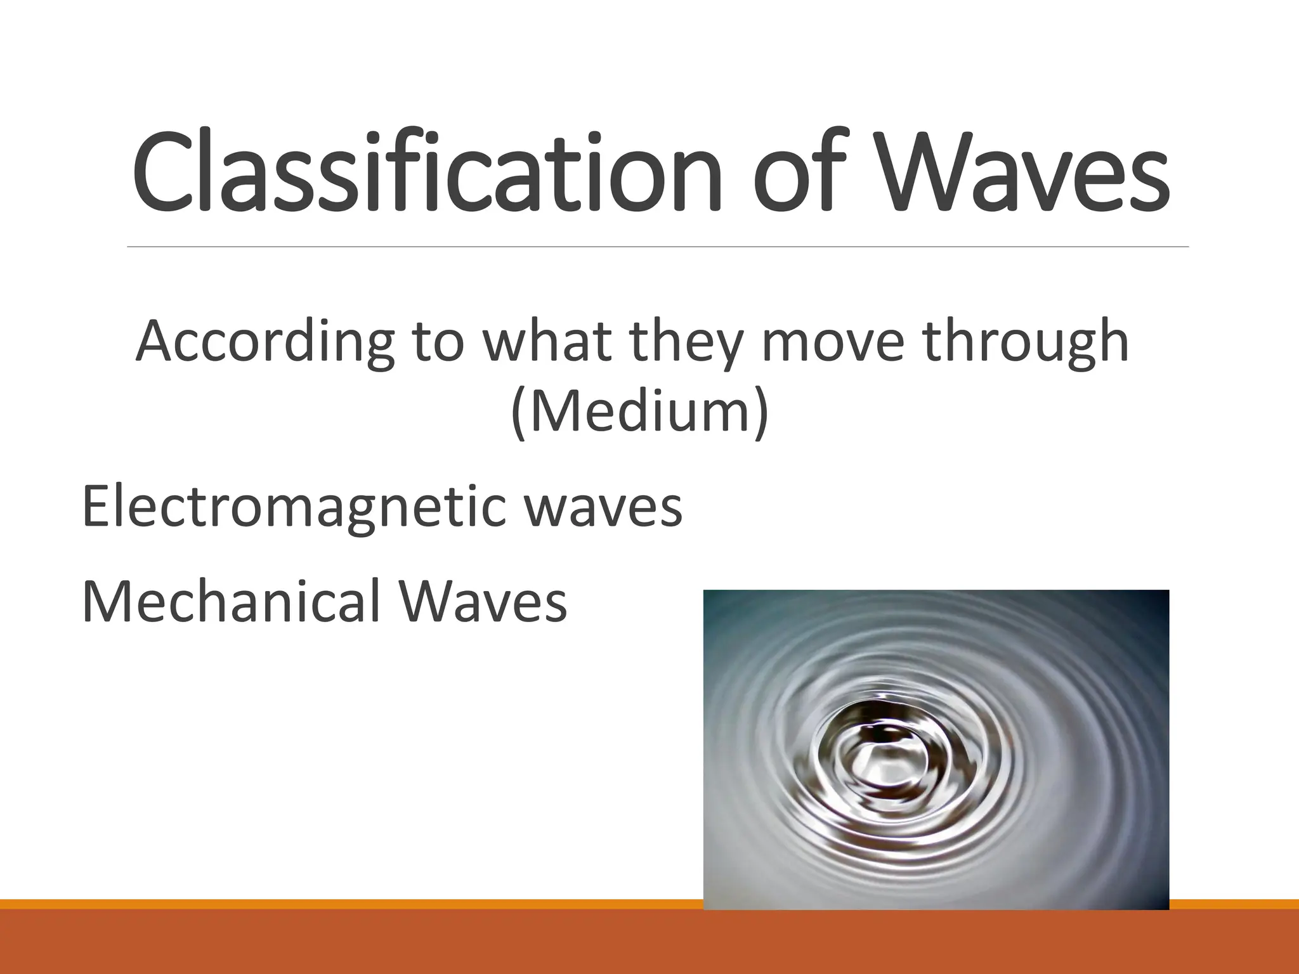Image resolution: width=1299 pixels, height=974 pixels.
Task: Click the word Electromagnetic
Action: tap(294, 507)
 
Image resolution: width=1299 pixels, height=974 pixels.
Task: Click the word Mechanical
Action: tap(232, 601)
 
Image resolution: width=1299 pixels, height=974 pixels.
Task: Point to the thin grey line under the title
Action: tap(657, 247)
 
